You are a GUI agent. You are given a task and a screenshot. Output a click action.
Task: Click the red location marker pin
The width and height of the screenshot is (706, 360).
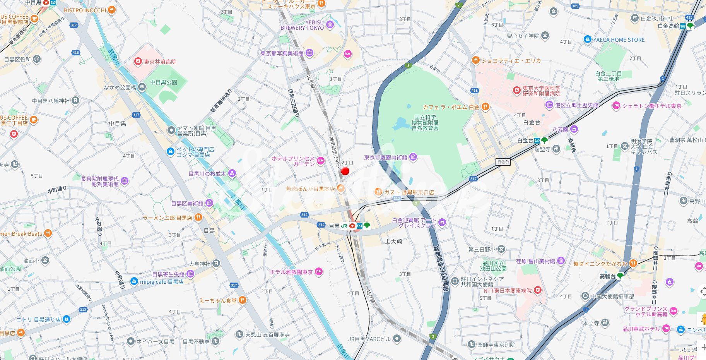(345, 171)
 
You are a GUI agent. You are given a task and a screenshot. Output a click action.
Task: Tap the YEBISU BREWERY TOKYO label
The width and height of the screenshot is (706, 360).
(302, 25)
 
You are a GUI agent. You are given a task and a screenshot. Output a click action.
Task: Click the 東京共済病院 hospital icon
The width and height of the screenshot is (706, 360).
(137, 62)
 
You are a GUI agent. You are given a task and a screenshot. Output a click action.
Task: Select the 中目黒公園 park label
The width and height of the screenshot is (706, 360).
(164, 82)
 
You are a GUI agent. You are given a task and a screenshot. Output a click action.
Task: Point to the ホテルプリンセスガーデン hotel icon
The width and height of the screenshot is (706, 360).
(320, 161)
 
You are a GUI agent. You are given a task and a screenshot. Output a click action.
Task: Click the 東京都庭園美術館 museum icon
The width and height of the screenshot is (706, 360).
(413, 157)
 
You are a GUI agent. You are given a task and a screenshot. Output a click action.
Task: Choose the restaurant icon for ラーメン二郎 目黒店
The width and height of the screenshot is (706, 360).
(198, 218)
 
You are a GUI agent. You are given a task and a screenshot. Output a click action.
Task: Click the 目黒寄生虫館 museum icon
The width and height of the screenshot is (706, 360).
(190, 274)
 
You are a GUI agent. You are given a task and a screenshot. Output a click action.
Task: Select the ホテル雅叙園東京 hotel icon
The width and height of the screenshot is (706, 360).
(318, 272)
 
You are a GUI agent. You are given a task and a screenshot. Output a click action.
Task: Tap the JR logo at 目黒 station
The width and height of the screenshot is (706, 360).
(344, 226)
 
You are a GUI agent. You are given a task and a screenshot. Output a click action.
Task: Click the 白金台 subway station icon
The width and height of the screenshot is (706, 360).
(537, 141)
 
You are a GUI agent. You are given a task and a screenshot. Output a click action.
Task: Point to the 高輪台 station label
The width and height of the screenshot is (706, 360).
(607, 276)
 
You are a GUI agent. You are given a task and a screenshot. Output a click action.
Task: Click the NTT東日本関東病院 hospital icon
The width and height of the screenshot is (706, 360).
(537, 290)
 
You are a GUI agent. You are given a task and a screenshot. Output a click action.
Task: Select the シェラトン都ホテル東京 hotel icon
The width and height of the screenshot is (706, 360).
(616, 106)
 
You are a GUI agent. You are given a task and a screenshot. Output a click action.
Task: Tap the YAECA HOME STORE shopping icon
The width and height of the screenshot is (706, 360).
(587, 39)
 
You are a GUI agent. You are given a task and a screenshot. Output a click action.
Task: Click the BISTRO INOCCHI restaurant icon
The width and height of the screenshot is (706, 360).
(111, 10)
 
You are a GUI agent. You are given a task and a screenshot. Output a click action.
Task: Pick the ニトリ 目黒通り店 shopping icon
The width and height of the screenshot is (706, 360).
(66, 319)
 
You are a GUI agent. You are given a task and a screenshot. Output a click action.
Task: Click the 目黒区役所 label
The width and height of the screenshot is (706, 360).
(17, 59)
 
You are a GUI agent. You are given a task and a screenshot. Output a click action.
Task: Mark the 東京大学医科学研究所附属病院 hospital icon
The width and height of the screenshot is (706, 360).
(516, 91)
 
